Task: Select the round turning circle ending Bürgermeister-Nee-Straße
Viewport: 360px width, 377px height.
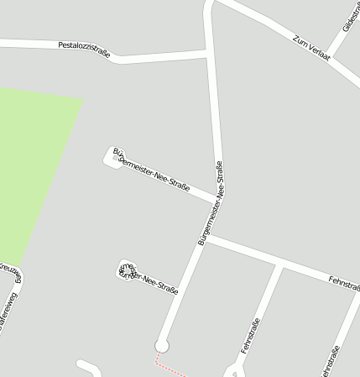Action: (x=162, y=345)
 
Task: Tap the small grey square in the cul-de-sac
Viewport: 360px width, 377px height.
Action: (x=115, y=157)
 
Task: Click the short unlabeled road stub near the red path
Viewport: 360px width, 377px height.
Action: (x=88, y=367)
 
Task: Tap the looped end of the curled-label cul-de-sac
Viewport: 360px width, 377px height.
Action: (x=123, y=269)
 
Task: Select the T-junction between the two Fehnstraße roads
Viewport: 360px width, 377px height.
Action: (x=280, y=266)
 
